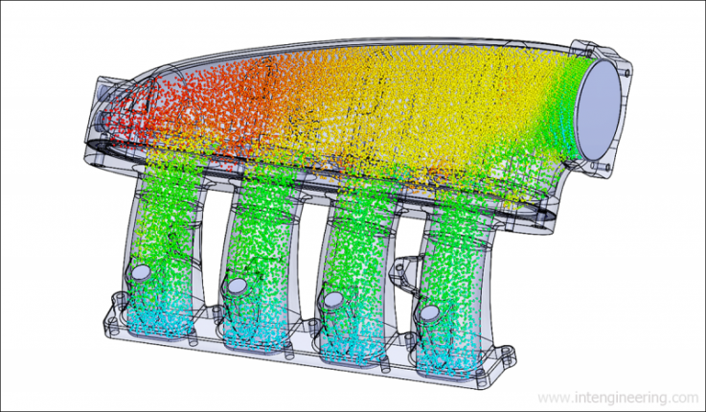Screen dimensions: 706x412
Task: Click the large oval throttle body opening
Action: click(x=600, y=109)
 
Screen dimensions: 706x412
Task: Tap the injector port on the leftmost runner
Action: click(x=143, y=272)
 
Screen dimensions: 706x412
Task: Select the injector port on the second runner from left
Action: click(x=238, y=286)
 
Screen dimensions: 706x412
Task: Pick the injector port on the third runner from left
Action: click(x=334, y=299)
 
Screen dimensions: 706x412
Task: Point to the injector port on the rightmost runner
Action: click(x=430, y=312)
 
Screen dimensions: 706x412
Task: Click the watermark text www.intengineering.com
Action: click(x=618, y=398)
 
